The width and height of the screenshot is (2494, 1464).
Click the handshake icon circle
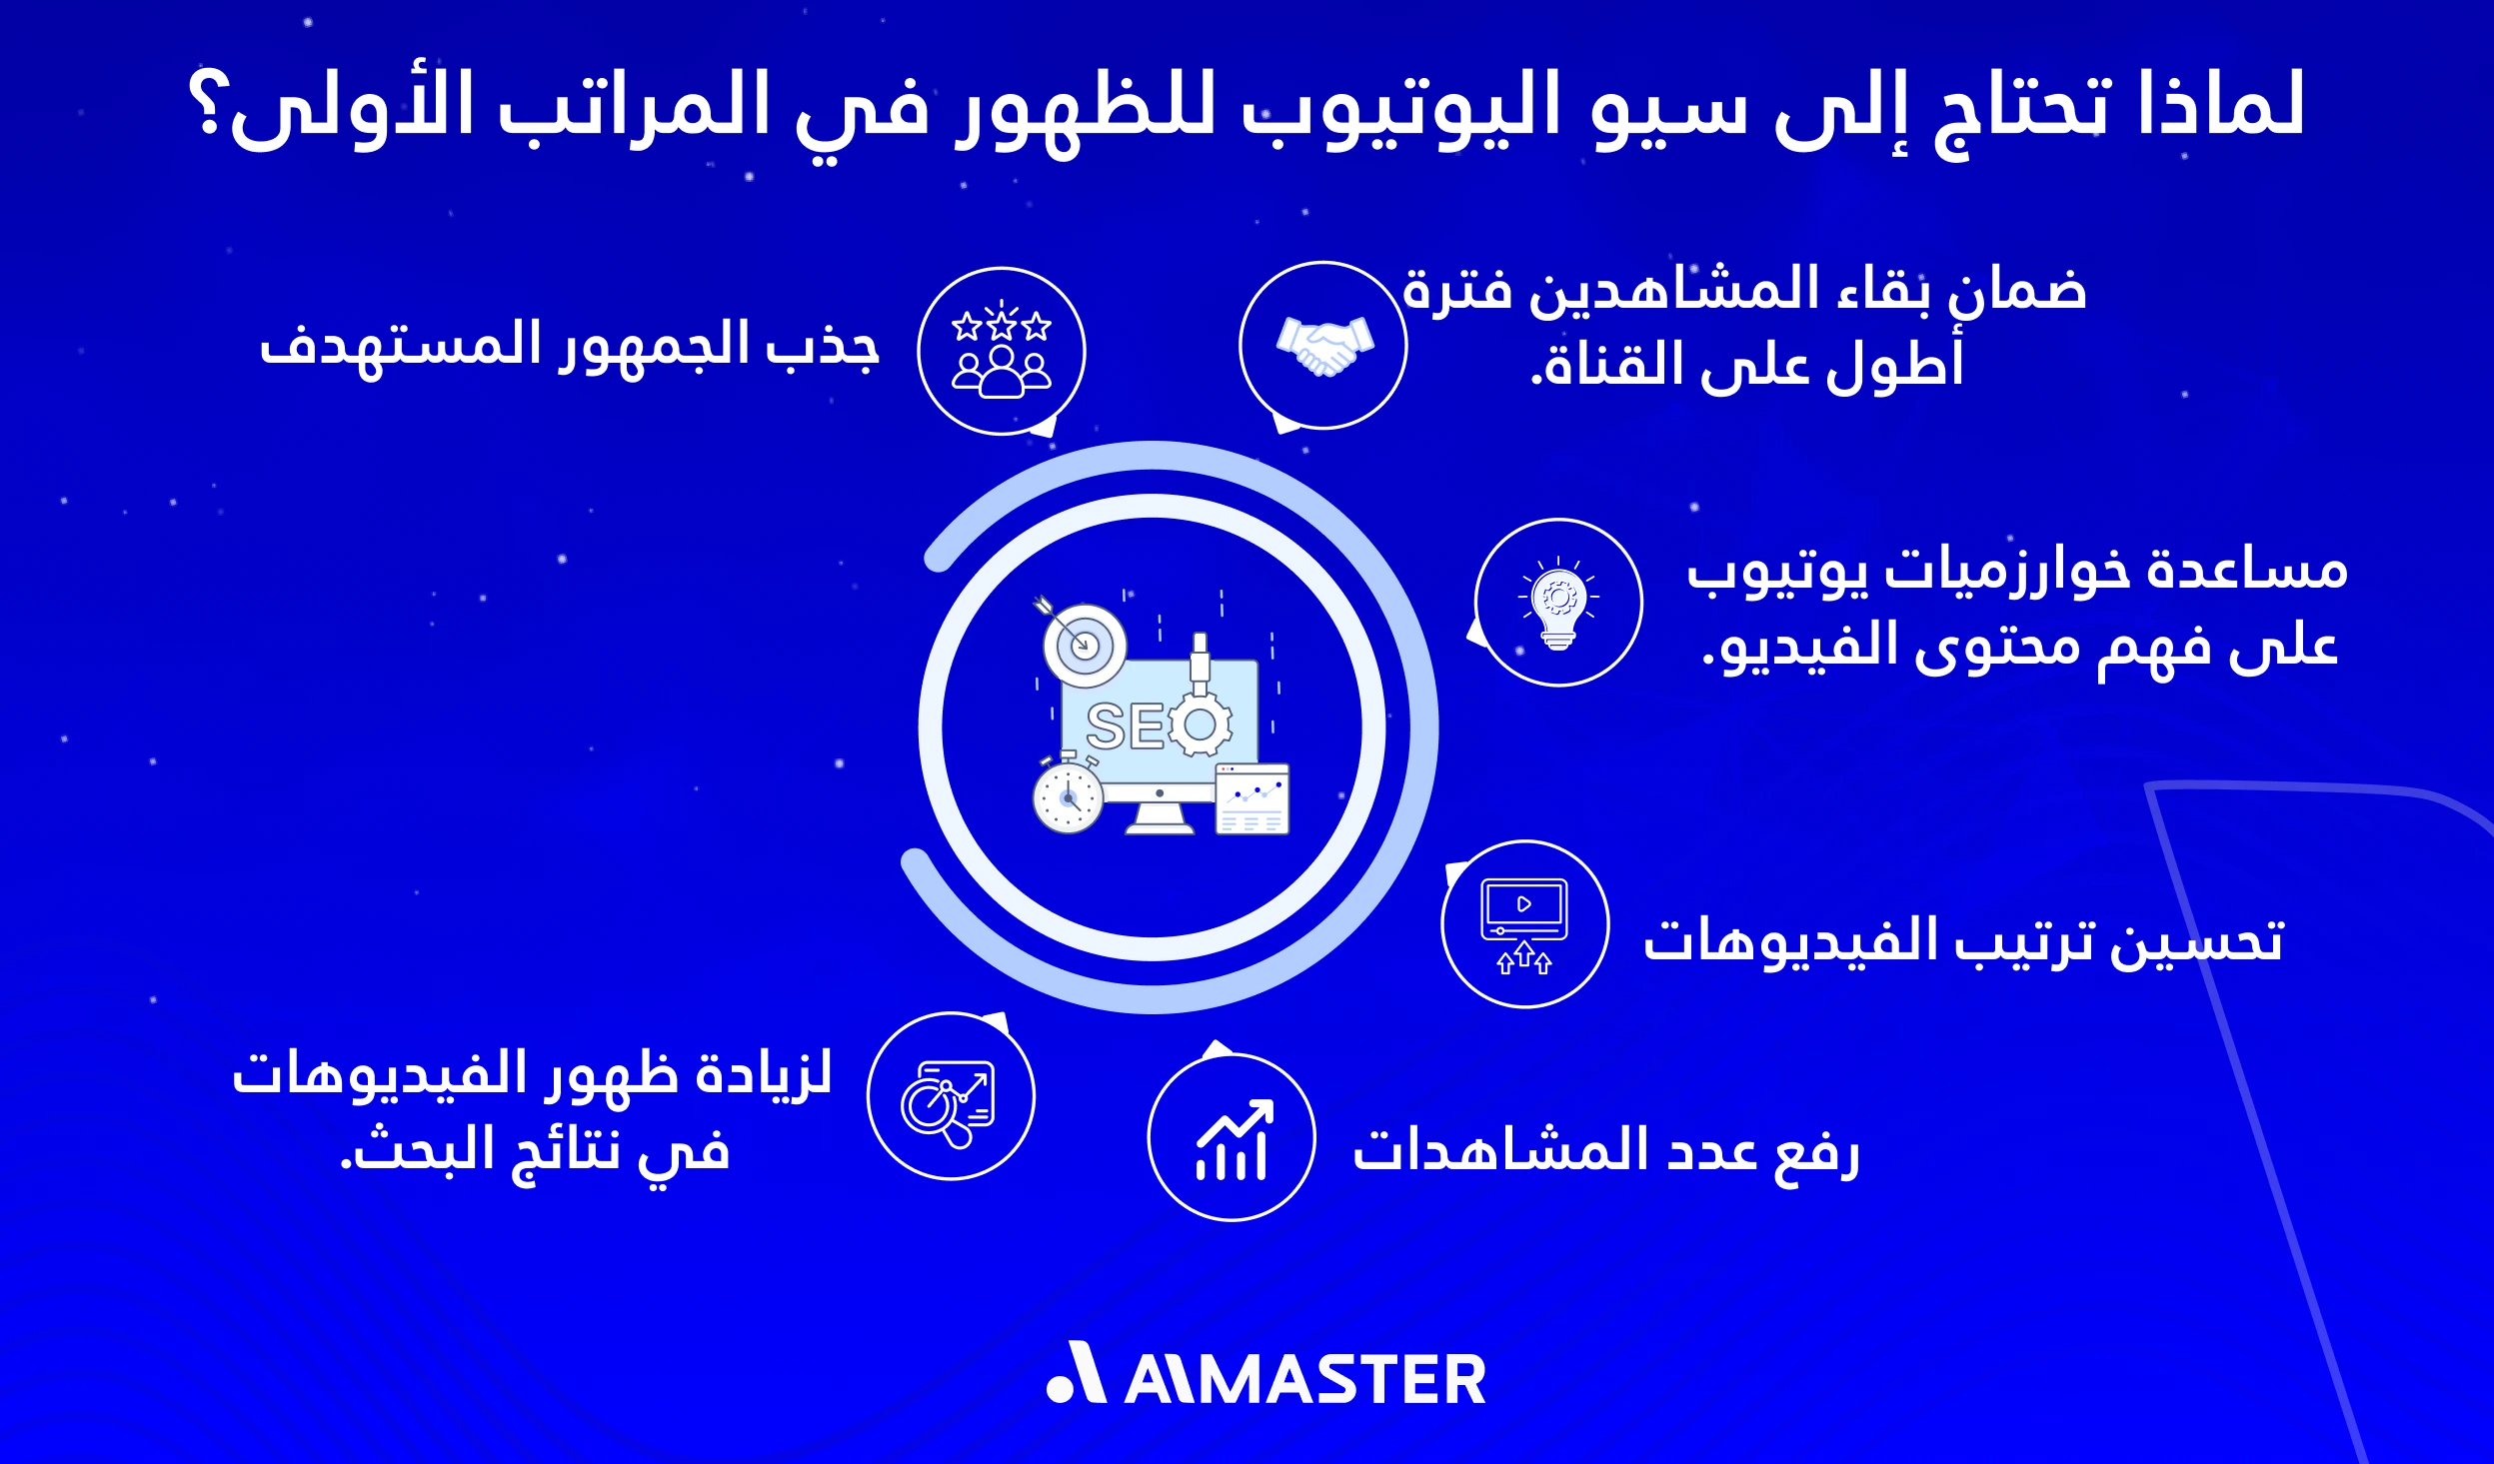pos(1322,345)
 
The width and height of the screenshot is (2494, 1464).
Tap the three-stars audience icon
pos(1002,351)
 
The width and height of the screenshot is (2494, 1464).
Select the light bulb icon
pos(1558,603)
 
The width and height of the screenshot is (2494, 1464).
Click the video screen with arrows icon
pos(1524,924)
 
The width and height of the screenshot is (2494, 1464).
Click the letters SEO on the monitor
pos(1126,727)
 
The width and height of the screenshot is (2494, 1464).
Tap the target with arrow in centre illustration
pos(1082,642)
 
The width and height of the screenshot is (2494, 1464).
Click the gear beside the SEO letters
pos(1201,725)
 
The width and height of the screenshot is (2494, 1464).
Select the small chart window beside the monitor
pos(1252,798)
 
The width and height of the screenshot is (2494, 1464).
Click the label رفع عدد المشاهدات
pos(1605,1151)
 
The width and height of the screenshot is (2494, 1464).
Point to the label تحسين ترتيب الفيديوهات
pos(1963,941)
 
